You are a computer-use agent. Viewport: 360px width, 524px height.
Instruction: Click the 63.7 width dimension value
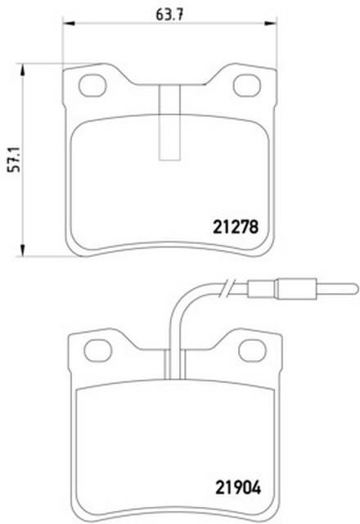pyautogui.click(x=169, y=15)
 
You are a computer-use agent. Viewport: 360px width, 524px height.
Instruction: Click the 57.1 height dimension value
pyautogui.click(x=15, y=159)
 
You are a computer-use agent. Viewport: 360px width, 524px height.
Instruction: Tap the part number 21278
pyautogui.click(x=236, y=228)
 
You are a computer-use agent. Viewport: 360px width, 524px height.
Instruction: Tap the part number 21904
pyautogui.click(x=238, y=488)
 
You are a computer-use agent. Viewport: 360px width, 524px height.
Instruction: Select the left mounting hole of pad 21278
pyautogui.click(x=92, y=85)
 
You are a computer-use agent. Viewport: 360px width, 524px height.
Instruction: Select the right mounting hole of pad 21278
pyautogui.click(x=247, y=85)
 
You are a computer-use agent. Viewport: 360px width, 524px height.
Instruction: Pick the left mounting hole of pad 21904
pyautogui.click(x=97, y=350)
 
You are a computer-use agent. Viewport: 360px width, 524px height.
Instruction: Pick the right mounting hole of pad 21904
pyautogui.click(x=252, y=350)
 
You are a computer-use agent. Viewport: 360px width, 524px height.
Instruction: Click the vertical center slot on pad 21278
pyautogui.click(x=169, y=122)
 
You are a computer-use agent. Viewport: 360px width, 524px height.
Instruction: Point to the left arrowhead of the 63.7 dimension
pyautogui.click(x=68, y=24)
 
